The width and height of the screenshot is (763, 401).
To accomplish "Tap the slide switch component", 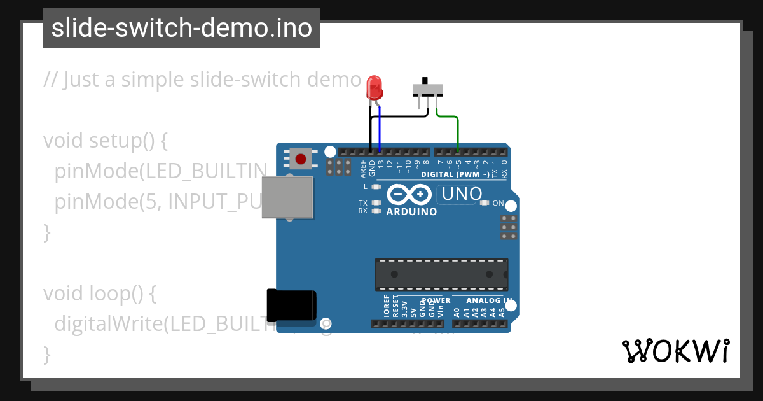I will [427, 88].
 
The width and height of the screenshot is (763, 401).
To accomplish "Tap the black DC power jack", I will [291, 305].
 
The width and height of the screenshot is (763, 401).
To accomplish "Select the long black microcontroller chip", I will [441, 274].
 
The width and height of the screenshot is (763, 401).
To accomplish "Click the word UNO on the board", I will [462, 194].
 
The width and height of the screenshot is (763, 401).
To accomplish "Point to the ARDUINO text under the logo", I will [411, 211].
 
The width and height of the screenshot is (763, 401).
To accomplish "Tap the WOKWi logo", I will [675, 351].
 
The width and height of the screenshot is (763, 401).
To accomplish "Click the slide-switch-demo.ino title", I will [182, 28].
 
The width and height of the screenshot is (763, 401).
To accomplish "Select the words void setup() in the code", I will [106, 140].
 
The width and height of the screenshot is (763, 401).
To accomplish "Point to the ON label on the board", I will [498, 204].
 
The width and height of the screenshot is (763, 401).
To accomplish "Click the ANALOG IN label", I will [489, 300].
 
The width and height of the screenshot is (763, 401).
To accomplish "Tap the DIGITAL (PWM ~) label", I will [455, 174].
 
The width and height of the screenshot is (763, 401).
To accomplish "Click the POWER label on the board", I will [436, 300].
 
